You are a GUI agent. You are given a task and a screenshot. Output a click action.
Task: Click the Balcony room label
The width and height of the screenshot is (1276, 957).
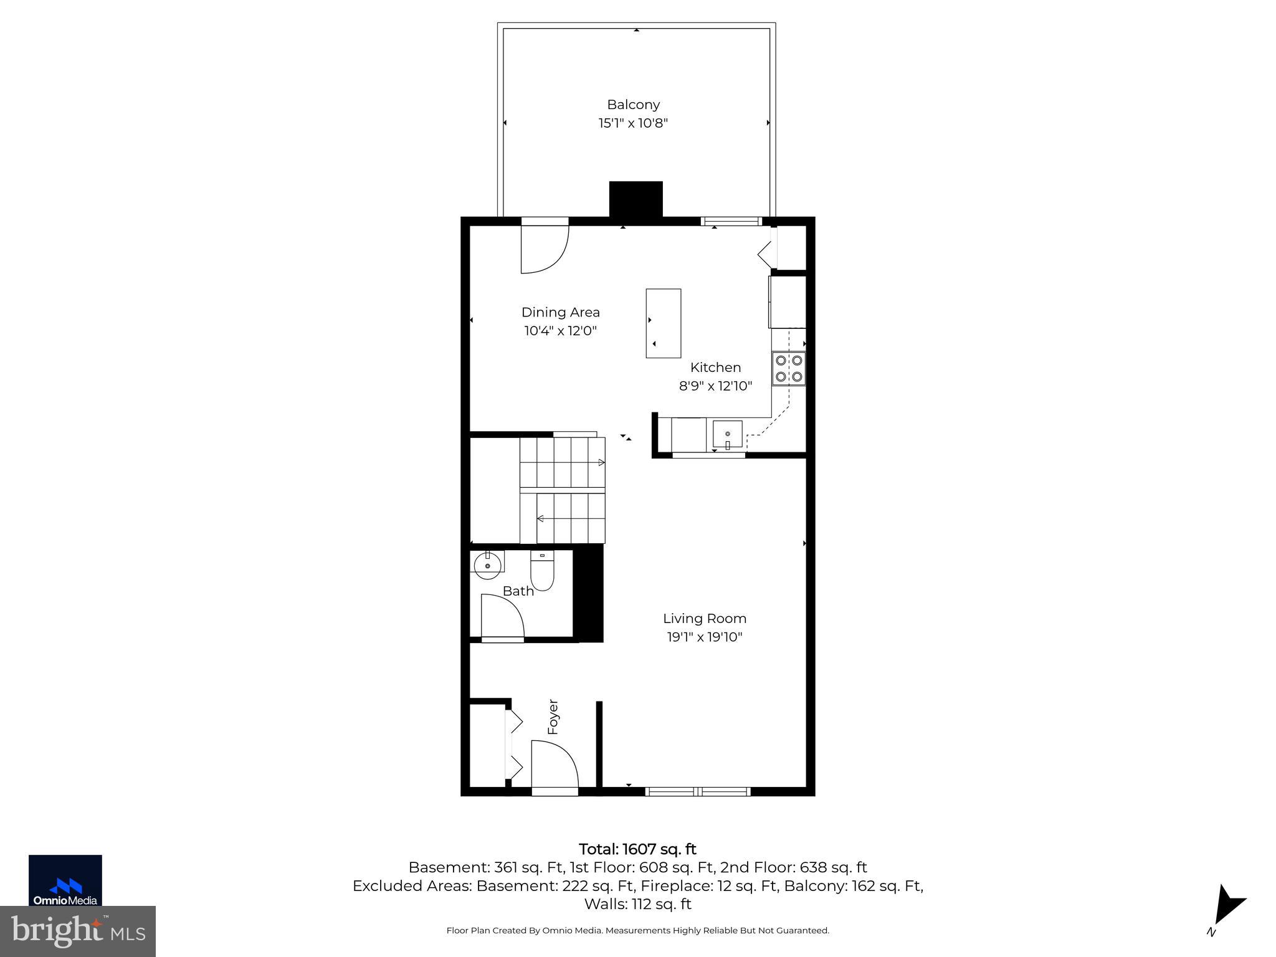pos(633,105)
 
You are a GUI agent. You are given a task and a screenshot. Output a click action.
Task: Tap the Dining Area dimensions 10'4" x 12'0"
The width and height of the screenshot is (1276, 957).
pos(560,331)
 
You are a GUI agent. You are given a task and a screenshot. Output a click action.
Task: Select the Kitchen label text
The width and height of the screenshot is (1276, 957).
pos(715,368)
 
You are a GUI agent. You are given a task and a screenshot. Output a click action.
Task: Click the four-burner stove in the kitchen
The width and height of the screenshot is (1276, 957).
pos(788,368)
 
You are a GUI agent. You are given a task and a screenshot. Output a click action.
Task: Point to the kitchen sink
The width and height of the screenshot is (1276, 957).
pos(727,434)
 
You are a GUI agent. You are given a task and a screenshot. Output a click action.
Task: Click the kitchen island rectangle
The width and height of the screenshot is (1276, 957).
pos(663,323)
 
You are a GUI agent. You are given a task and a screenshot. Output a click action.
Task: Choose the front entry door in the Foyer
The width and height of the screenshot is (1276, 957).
pos(555,766)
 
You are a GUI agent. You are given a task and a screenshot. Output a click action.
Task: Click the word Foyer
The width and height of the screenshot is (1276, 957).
pos(553,717)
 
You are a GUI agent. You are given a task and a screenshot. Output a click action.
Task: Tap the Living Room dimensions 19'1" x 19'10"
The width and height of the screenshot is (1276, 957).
pos(704,637)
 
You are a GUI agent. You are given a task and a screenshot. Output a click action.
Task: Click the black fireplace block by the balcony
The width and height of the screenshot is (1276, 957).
pos(636,199)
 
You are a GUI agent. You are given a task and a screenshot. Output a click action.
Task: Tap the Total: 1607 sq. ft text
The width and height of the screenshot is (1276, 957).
pos(637,849)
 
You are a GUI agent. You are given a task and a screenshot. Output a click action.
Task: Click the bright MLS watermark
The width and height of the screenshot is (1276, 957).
pos(77,931)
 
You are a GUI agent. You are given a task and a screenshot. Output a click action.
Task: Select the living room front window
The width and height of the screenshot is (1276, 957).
pos(697,792)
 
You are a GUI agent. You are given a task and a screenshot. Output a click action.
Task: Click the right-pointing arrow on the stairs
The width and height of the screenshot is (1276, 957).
pos(601,462)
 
